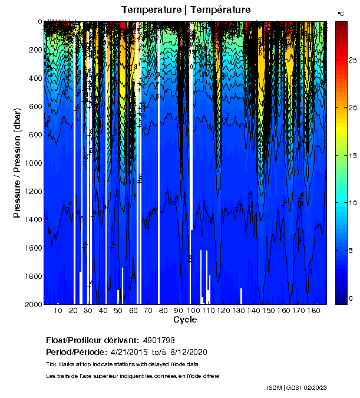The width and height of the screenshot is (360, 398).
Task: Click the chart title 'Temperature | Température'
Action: point(186,9)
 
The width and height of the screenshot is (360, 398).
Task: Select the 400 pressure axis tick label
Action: point(36,78)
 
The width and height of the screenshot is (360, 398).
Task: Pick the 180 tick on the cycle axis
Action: point(314,311)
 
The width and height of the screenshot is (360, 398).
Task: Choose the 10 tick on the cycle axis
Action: point(58,311)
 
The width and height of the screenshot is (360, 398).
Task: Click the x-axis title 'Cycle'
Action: point(185,320)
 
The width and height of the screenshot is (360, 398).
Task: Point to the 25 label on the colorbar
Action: point(352,60)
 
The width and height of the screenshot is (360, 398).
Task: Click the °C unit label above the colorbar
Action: point(341,13)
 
